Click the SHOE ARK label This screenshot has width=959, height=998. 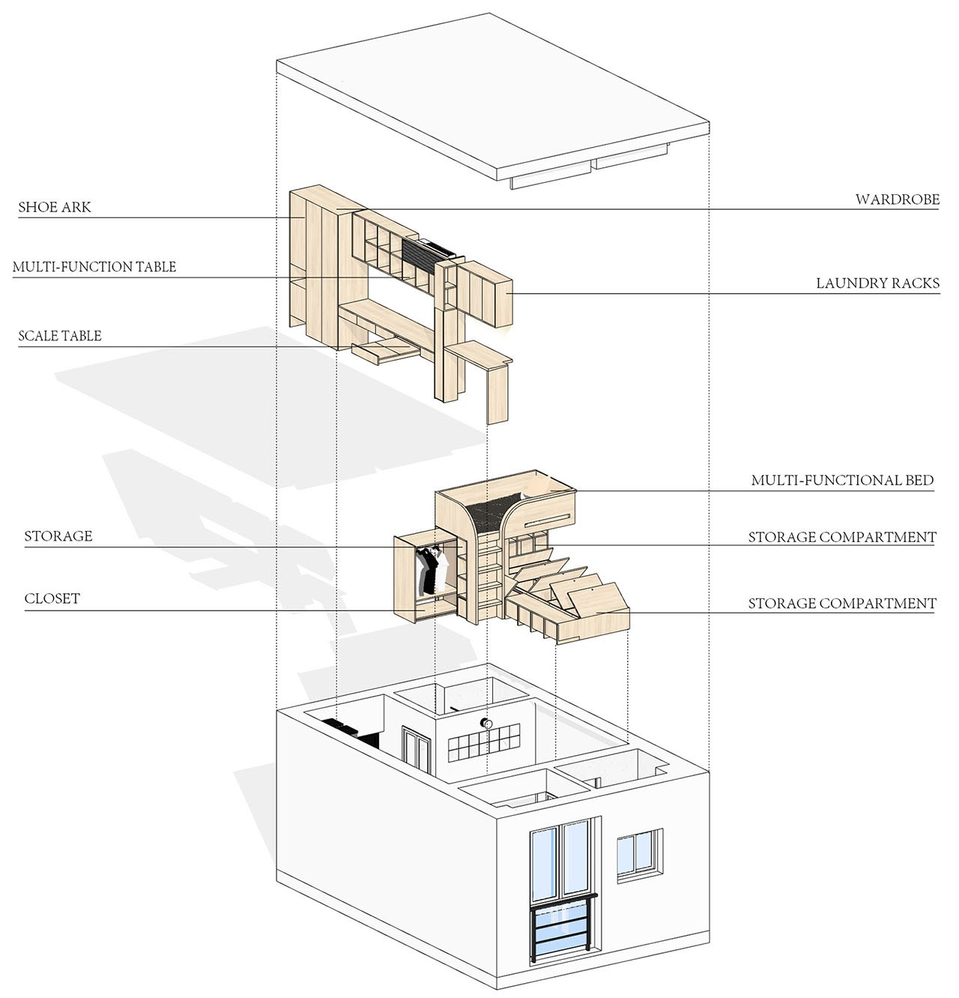pyautogui.click(x=55, y=207)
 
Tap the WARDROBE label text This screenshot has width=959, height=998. pyautogui.click(x=897, y=199)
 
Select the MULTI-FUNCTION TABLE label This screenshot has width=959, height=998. pyautogui.click(x=94, y=267)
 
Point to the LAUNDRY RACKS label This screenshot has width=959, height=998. pyautogui.click(x=877, y=283)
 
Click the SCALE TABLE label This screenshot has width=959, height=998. pyautogui.click(x=60, y=336)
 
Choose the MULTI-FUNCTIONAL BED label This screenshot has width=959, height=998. pyautogui.click(x=842, y=480)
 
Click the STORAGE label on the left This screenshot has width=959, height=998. pyautogui.click(x=58, y=536)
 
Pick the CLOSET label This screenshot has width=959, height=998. pyautogui.click(x=52, y=598)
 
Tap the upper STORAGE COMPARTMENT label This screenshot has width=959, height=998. pyautogui.click(x=842, y=537)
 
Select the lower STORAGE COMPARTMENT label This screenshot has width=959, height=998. pyautogui.click(x=842, y=603)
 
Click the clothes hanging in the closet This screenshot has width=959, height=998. pyautogui.click(x=432, y=570)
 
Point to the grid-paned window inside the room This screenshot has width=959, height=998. pyautogui.click(x=484, y=742)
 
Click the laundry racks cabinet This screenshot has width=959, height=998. pyautogui.click(x=485, y=293)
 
